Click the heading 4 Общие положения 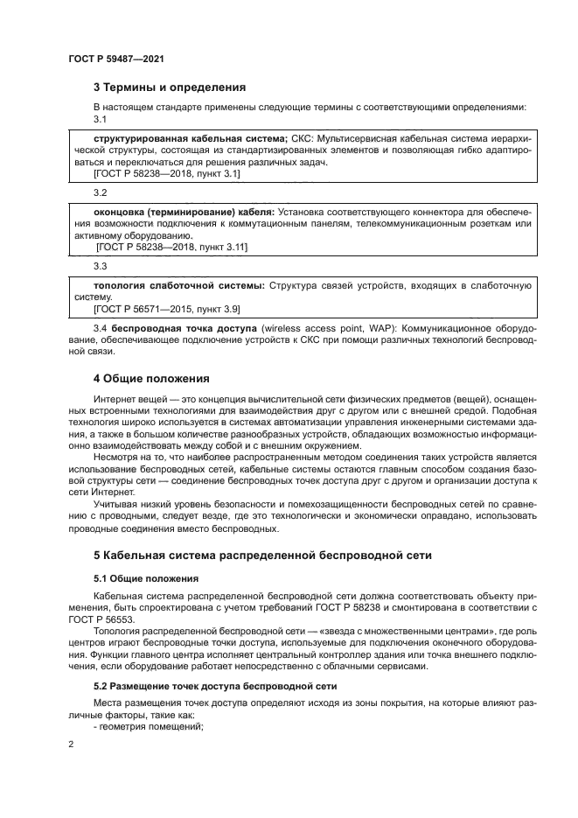[151, 379]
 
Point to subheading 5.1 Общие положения [145, 578]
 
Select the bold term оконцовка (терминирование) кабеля [184, 212]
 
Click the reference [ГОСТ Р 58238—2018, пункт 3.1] [166, 175]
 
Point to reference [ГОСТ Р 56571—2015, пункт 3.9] [166, 310]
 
